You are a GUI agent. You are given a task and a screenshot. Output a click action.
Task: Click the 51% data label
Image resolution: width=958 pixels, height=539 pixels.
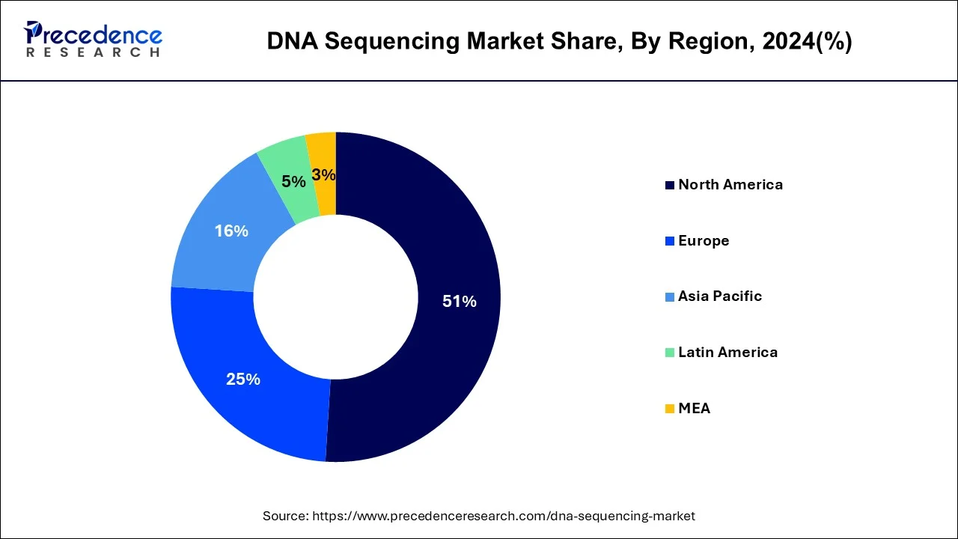[x=459, y=302]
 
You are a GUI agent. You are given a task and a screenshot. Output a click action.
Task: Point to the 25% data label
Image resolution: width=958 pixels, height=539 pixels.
[x=243, y=380]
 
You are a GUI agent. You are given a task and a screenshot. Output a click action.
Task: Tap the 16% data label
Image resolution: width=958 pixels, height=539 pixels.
[x=231, y=231]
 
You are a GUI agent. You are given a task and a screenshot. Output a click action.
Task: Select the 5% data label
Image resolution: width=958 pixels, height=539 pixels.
[x=293, y=182]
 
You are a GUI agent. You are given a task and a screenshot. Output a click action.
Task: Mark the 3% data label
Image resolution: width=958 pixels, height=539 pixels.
[x=323, y=175]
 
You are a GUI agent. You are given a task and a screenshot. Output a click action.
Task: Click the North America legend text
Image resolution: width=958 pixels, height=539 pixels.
[x=730, y=185]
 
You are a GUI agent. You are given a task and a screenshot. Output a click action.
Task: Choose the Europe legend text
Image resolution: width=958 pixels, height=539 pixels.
[x=704, y=241]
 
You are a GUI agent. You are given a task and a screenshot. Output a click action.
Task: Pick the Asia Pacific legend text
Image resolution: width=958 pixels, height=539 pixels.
[x=720, y=296]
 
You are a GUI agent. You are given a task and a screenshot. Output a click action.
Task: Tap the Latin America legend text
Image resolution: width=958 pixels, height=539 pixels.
[x=727, y=353]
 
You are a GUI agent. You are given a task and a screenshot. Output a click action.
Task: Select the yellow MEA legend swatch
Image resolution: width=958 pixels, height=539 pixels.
[x=670, y=409]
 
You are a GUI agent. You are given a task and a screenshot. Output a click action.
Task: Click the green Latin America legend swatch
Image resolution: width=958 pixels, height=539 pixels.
[x=670, y=353]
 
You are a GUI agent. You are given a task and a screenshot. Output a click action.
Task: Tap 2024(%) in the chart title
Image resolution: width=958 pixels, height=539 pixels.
[x=807, y=42]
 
